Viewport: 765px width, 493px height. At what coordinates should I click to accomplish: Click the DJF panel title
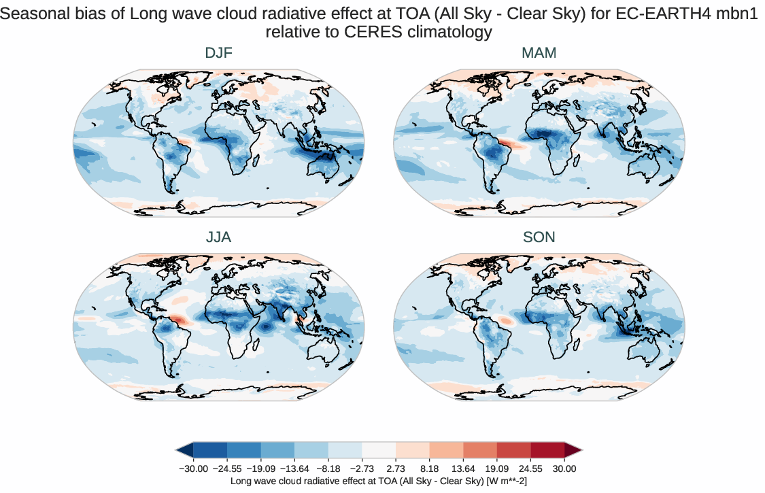(x=219, y=53)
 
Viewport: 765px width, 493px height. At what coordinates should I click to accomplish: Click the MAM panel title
(x=539, y=53)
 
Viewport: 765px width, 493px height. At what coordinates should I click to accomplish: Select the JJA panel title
(x=219, y=237)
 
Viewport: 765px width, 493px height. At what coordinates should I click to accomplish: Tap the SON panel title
(x=539, y=237)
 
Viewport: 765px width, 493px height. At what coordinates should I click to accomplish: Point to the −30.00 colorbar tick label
(x=192, y=469)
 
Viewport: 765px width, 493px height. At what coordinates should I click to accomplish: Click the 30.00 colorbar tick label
(x=564, y=469)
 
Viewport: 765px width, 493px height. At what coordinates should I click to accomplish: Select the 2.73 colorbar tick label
(x=395, y=469)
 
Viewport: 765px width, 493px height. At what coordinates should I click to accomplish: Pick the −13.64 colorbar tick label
(x=294, y=469)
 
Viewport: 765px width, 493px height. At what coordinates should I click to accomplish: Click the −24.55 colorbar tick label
(x=226, y=469)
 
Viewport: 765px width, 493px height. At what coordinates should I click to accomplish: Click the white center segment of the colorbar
(x=378, y=450)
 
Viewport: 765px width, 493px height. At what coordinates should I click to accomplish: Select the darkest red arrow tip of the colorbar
(x=574, y=450)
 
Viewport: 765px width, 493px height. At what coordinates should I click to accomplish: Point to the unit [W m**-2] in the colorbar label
(x=505, y=481)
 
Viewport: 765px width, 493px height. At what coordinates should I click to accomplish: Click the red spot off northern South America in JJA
(x=177, y=318)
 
